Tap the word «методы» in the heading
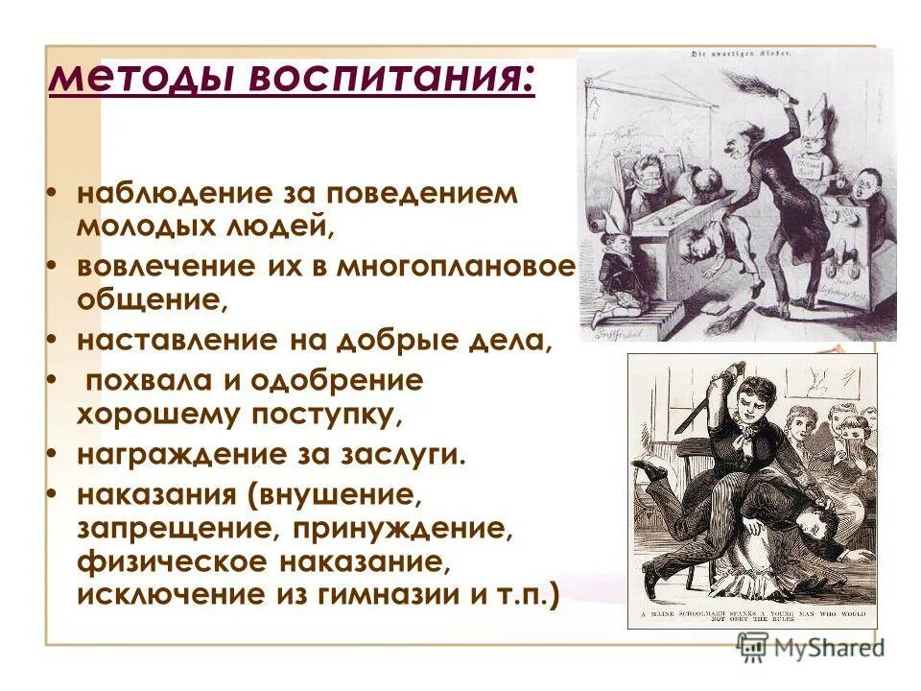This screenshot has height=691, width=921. [x=144, y=77]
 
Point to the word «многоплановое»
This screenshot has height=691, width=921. [x=456, y=268]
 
